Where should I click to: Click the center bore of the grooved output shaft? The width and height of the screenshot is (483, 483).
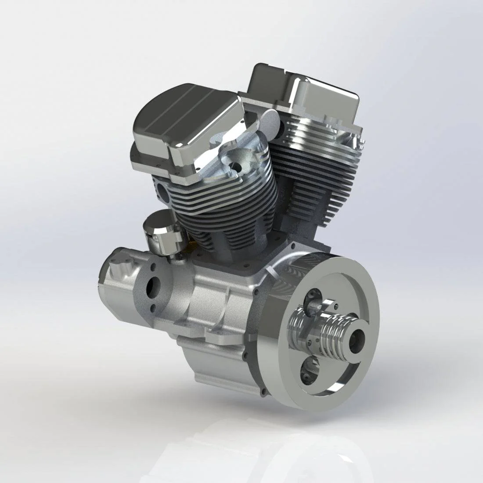[357, 339]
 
